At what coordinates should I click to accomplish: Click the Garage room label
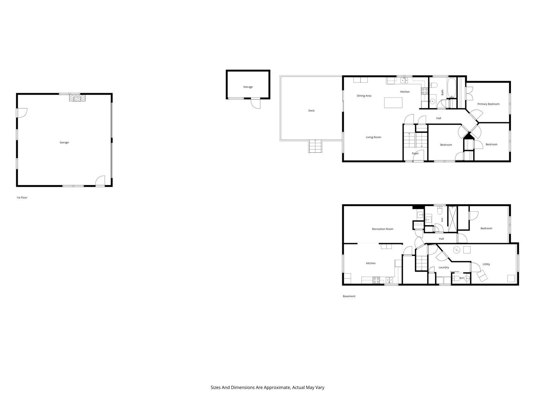64,142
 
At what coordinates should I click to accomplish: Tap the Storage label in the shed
248,87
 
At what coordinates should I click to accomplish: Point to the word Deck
311,111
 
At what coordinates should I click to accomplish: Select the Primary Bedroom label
488,104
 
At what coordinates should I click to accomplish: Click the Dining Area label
364,96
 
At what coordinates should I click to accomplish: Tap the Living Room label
373,137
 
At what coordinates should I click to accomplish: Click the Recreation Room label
383,229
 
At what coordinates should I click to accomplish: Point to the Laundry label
444,267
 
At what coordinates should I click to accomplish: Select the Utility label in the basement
486,264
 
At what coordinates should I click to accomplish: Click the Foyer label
415,153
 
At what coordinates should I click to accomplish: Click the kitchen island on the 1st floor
393,103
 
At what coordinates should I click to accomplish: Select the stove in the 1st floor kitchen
424,91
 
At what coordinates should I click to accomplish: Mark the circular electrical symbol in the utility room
456,250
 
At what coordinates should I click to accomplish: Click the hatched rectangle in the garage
77,98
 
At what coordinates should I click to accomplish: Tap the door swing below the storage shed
256,104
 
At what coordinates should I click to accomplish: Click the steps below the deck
315,146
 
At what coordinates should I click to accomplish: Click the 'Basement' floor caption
349,296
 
